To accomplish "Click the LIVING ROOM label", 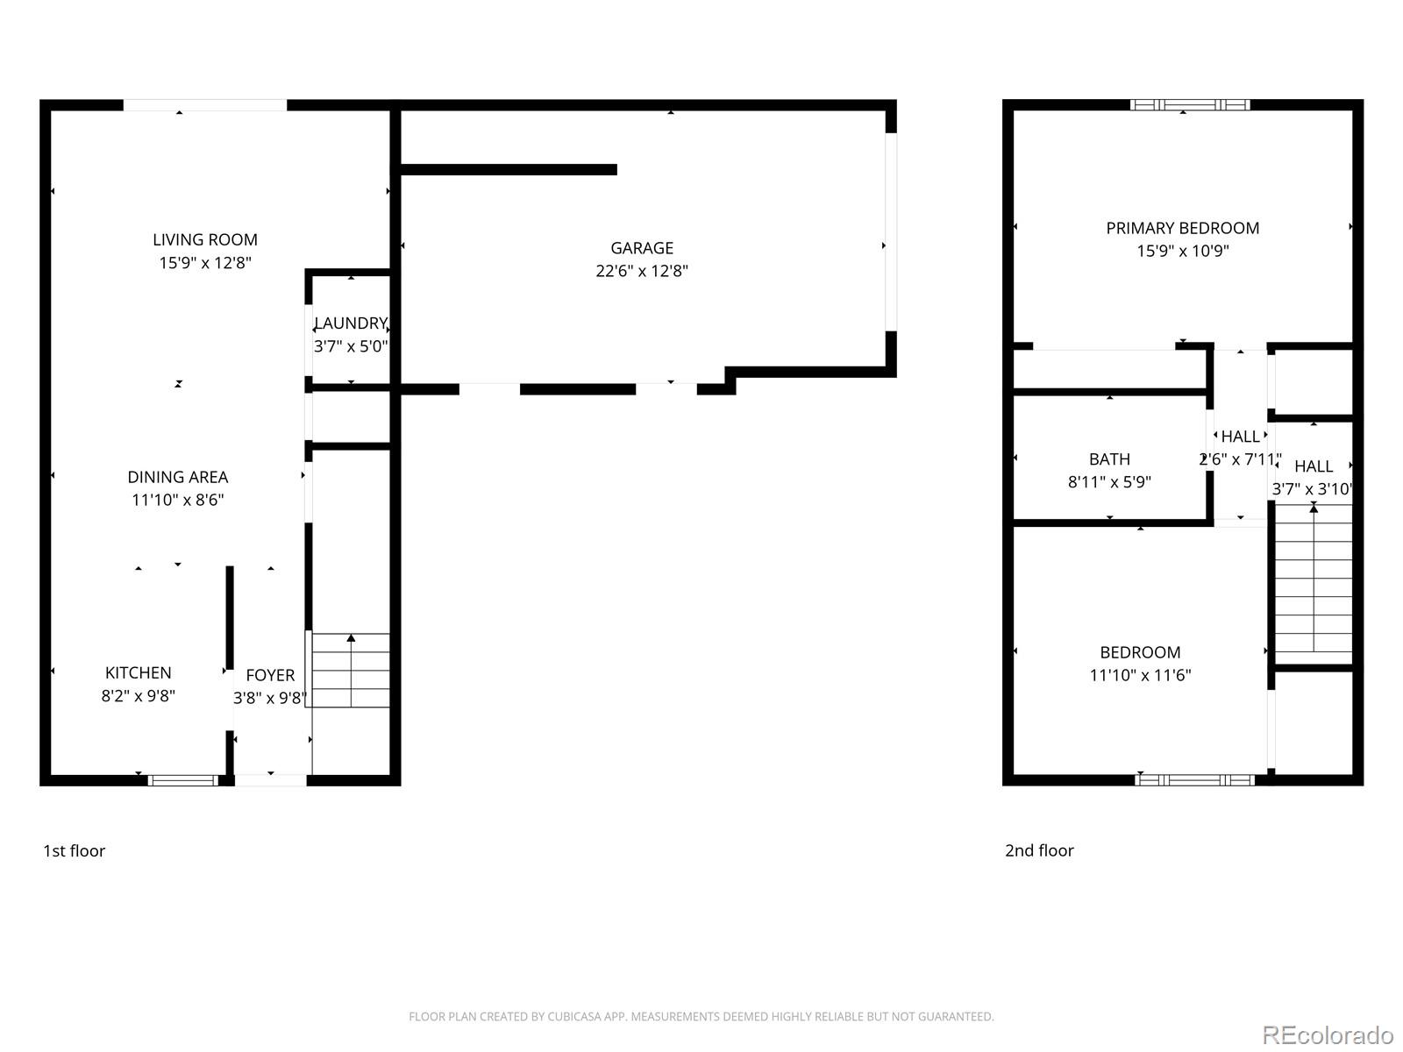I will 205,239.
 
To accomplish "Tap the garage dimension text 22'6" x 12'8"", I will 642,271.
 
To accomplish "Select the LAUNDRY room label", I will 351,323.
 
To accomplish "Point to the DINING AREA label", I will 178,477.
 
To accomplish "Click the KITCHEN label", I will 138,672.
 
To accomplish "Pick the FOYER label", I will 270,675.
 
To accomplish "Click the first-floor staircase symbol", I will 351,671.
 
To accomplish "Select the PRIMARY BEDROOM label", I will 1182,228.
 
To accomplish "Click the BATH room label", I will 1109,458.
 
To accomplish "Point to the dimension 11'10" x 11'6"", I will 1140,675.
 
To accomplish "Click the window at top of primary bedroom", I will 1190,104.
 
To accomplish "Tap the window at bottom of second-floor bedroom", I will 1194,779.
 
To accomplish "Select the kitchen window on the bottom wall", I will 182,779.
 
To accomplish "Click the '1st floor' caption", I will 74,850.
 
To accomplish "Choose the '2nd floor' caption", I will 1039,850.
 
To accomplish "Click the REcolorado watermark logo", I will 1328,1034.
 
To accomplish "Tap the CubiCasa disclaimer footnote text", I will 701,1017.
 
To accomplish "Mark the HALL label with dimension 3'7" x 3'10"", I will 1313,466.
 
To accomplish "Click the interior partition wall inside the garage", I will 509,169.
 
